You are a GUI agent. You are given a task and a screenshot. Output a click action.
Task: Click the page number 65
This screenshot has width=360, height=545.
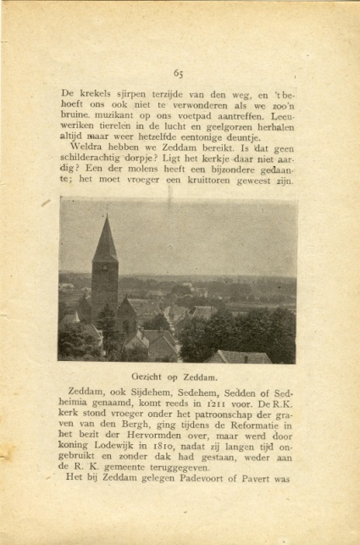click(179, 74)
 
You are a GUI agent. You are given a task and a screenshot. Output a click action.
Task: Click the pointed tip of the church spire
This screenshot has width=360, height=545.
click(105, 215)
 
